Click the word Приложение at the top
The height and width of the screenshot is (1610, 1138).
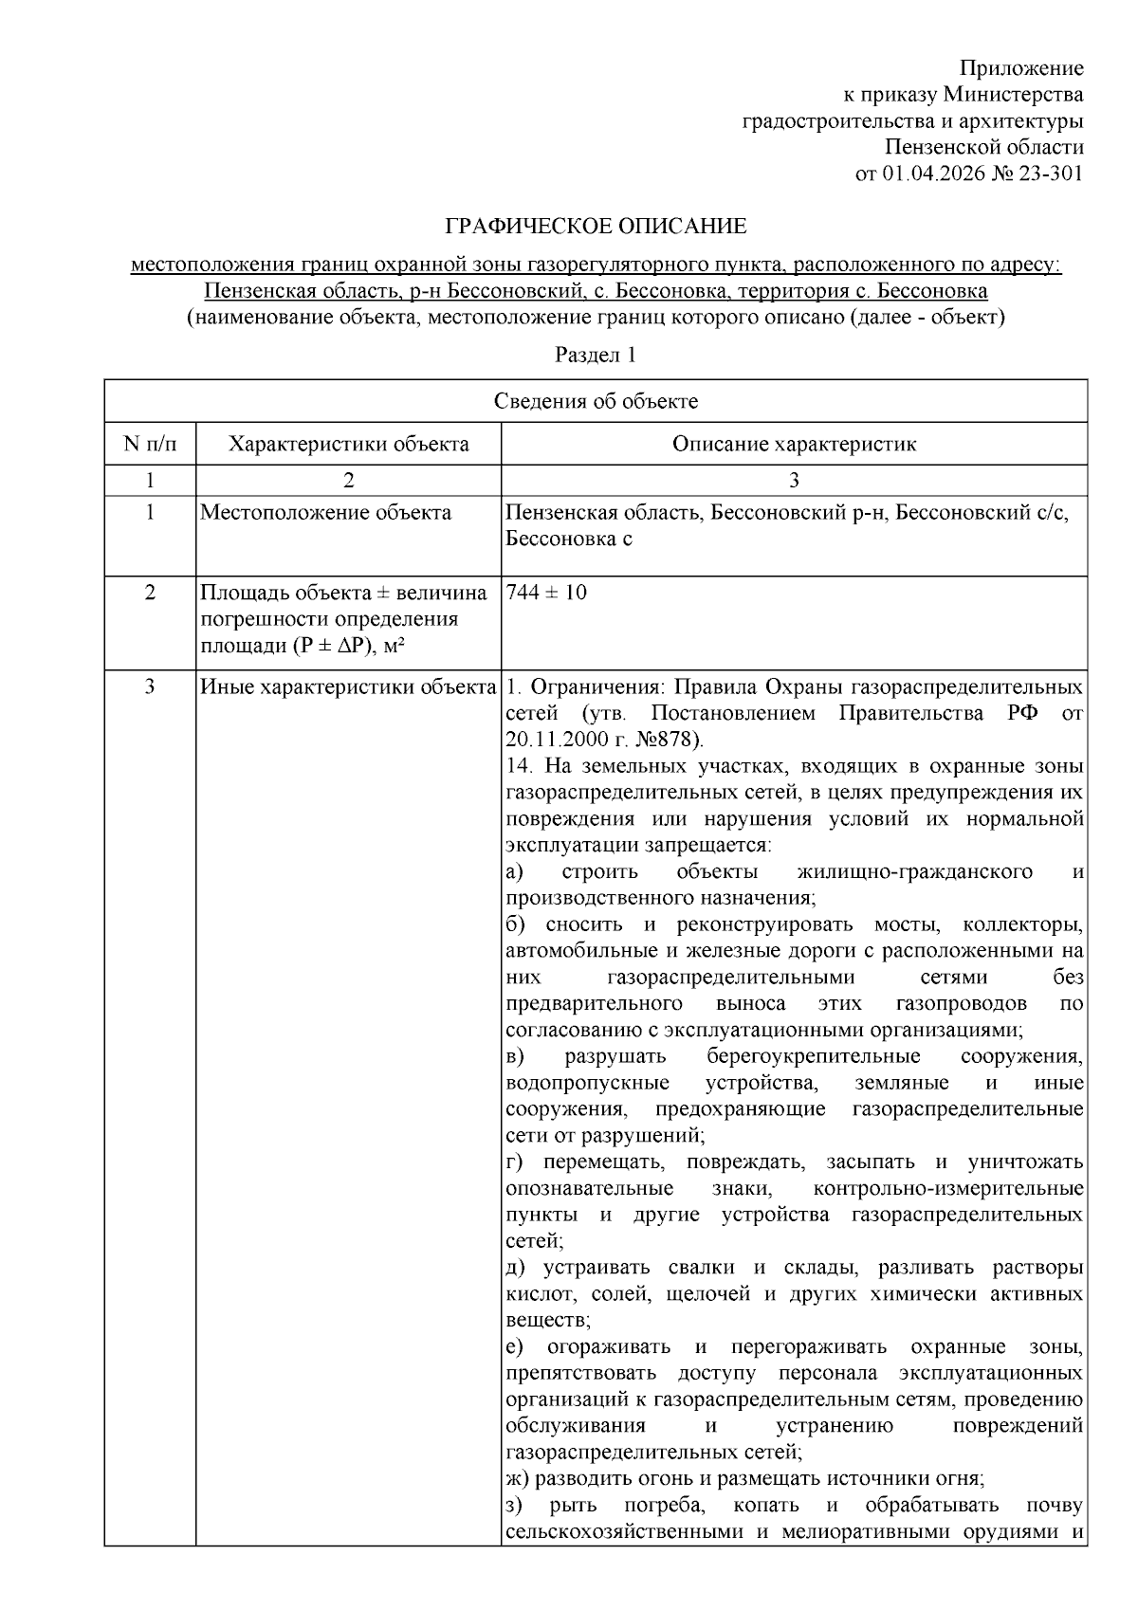pyautogui.click(x=1020, y=68)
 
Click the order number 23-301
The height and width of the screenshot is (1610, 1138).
pyautogui.click(x=1049, y=174)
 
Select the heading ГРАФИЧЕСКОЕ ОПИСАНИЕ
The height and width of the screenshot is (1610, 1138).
pyautogui.click(x=596, y=227)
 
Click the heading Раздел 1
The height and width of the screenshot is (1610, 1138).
pyautogui.click(x=595, y=356)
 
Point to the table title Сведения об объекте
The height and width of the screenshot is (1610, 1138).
pyautogui.click(x=596, y=401)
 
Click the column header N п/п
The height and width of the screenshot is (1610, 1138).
pyautogui.click(x=150, y=444)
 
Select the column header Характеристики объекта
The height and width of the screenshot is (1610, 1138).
pyautogui.click(x=348, y=444)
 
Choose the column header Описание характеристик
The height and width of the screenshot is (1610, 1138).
pyautogui.click(x=794, y=444)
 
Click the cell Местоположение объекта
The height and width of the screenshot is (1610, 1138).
pyautogui.click(x=325, y=513)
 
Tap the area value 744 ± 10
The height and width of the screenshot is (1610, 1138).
pyautogui.click(x=546, y=593)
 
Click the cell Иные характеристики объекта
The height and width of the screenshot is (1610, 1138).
pyautogui.click(x=348, y=686)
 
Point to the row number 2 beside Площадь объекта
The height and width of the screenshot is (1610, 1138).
pyautogui.click(x=150, y=593)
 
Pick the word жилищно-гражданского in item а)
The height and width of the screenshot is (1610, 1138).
pyautogui.click(x=915, y=870)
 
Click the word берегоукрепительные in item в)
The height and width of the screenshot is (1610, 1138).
pyautogui.click(x=813, y=1056)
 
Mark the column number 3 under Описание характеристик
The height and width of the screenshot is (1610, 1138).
pyautogui.click(x=794, y=480)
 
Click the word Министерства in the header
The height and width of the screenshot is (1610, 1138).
pyautogui.click(x=1014, y=95)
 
